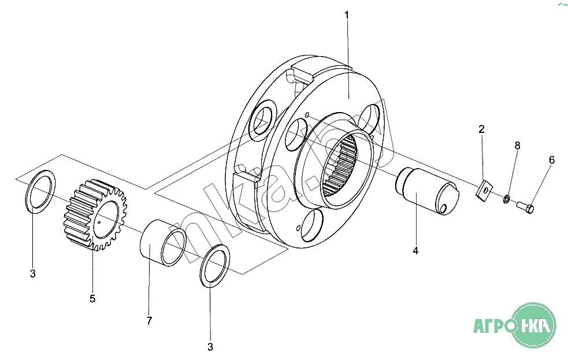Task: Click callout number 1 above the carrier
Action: click(x=347, y=15)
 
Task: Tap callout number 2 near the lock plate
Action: click(x=481, y=129)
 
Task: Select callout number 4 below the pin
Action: click(x=415, y=251)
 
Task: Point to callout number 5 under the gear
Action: click(x=92, y=299)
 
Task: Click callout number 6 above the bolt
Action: click(x=551, y=160)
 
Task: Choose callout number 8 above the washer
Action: click(x=517, y=146)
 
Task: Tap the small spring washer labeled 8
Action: click(x=507, y=199)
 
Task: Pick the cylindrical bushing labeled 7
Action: click(x=163, y=243)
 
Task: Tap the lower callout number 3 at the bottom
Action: click(x=210, y=347)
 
